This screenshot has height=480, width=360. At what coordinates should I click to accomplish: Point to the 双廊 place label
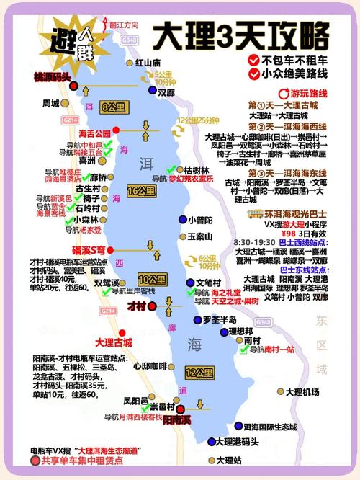pyautogui.click(x=166, y=92)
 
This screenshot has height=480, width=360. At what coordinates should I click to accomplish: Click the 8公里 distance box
pyautogui.click(x=114, y=107)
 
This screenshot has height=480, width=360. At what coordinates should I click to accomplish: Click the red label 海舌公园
pyautogui.click(x=94, y=133)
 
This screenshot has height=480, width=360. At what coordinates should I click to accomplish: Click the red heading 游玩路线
pyautogui.click(x=308, y=94)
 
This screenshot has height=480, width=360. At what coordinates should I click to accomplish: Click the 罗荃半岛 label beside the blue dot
pyautogui.click(x=220, y=320)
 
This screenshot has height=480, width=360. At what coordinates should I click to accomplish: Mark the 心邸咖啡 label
pyautogui.click(x=150, y=365)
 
